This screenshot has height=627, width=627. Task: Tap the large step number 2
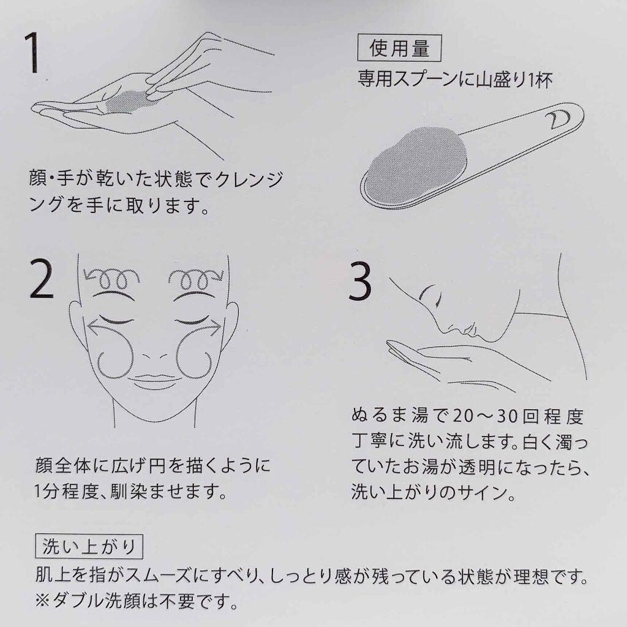42,279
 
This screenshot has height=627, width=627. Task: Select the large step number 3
360,282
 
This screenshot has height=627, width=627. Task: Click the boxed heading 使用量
399,48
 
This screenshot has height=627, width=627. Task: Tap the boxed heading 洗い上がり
89,546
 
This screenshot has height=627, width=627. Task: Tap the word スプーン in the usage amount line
425,79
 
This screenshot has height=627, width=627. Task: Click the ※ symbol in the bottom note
42,601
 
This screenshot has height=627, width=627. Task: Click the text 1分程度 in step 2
66,492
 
